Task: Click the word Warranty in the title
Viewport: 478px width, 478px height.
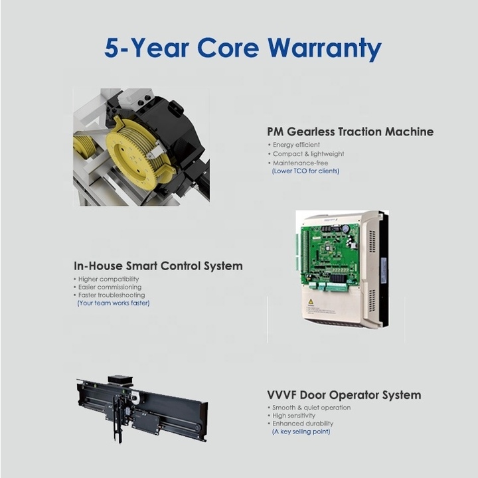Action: (325, 48)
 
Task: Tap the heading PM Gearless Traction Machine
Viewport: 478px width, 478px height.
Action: (351, 131)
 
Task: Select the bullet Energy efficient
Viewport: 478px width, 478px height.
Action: (296, 145)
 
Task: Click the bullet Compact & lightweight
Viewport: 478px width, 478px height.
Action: (309, 154)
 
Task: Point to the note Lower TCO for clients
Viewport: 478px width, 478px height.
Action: (305, 171)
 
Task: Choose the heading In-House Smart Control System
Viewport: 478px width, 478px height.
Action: (158, 266)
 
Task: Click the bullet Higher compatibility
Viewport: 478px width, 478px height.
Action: (108, 279)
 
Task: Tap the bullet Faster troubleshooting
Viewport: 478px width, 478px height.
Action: (112, 295)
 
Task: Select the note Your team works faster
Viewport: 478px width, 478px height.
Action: (114, 303)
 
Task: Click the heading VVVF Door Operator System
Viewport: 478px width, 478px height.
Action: (344, 395)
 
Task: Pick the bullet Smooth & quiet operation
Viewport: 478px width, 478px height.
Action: (311, 408)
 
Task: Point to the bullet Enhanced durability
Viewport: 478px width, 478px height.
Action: (303, 424)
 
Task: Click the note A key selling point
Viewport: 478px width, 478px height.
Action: (301, 432)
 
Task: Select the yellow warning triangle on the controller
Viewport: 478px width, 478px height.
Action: (311, 302)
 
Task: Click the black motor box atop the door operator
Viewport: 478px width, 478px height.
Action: (121, 380)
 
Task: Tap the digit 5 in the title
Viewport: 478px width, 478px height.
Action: (112, 48)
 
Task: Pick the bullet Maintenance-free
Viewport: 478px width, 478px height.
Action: (301, 163)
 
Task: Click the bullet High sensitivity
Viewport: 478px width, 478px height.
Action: (294, 416)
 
